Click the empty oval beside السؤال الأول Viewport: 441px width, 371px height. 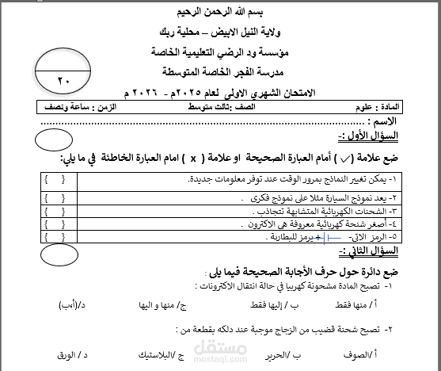pyautogui.click(x=59, y=141)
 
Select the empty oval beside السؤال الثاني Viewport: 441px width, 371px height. pyautogui.click(x=59, y=254)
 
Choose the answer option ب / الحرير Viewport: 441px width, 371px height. pyautogui.click(x=265, y=355)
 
